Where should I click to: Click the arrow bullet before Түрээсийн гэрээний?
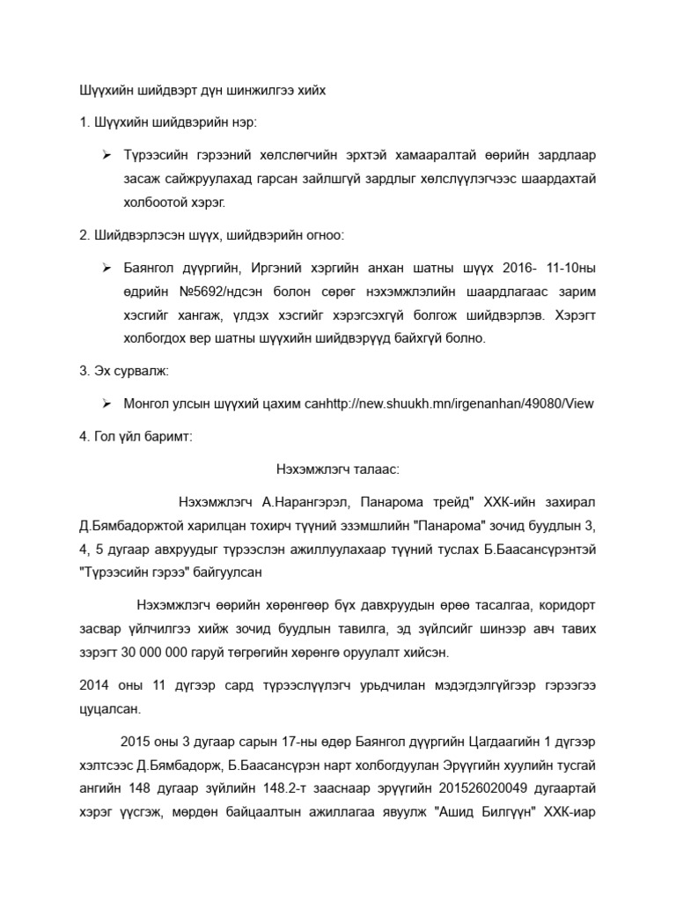pyautogui.click(x=106, y=155)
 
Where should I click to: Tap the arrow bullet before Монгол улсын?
pyautogui.click(x=106, y=404)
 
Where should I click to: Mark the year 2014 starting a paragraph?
pyautogui.click(x=93, y=684)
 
